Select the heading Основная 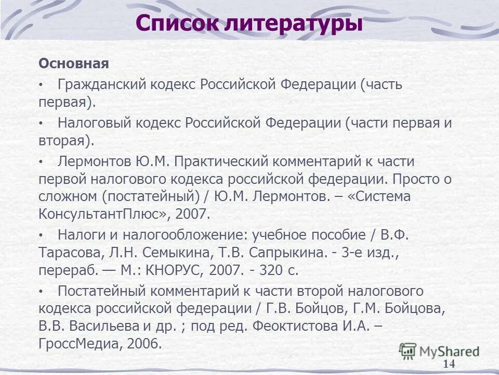73,64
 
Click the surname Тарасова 71,253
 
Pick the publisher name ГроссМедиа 76,344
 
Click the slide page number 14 449,364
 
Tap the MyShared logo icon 408,351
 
